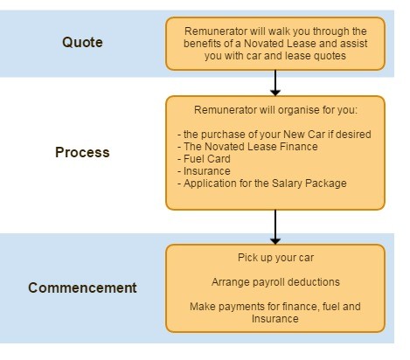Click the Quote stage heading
[x=82, y=43]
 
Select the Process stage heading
[x=82, y=152]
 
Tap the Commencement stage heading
[x=82, y=287]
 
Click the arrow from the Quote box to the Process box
[x=275, y=83]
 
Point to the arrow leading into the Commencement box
[x=275, y=227]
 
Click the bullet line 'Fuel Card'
[x=204, y=159]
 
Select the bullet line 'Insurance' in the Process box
[x=204, y=171]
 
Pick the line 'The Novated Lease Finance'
[x=247, y=147]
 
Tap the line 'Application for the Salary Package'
[x=262, y=183]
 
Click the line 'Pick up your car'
[x=275, y=258]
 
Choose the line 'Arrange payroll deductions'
[x=275, y=282]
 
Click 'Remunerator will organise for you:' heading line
[x=275, y=110]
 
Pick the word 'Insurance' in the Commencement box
[x=275, y=319]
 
